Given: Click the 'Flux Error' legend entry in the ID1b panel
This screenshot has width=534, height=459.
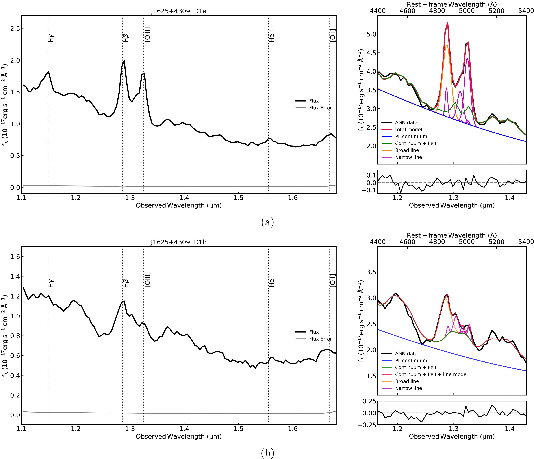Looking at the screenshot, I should pyautogui.click(x=320, y=339).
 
